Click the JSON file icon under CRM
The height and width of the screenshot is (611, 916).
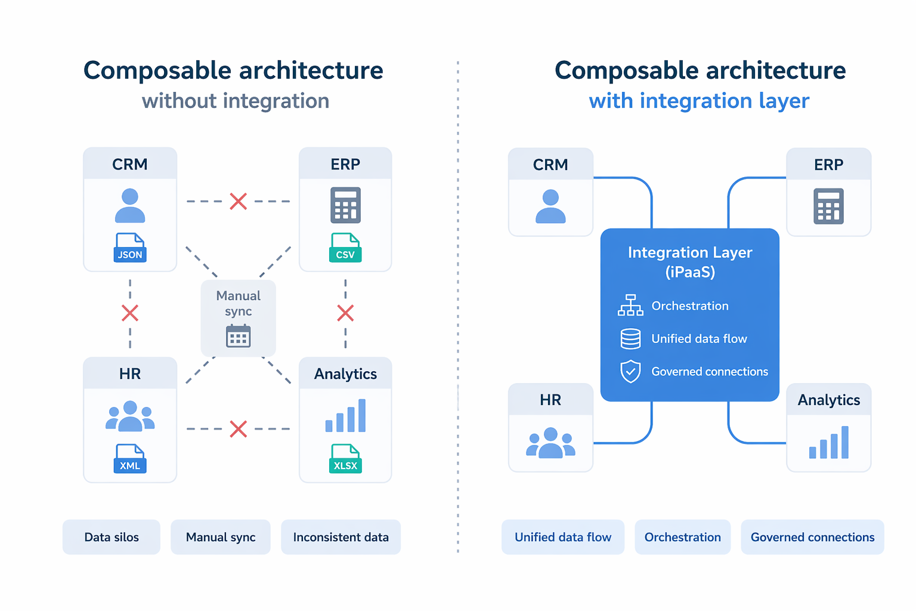[130, 248]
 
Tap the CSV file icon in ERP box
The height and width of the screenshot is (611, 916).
[345, 248]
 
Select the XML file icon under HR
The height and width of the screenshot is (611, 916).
[130, 459]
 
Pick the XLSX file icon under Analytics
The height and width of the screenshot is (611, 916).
[345, 459]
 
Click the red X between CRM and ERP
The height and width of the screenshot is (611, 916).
[239, 202]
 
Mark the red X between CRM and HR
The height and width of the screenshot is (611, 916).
[130, 313]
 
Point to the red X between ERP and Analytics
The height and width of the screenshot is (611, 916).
[345, 313]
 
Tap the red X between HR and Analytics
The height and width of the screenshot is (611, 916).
[239, 429]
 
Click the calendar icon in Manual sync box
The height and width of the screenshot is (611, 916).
[239, 336]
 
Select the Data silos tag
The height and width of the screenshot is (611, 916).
[112, 537]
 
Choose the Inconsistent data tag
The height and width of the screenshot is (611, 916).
[341, 537]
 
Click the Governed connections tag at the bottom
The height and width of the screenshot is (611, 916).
[812, 537]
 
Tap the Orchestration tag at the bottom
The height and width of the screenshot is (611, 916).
[682, 537]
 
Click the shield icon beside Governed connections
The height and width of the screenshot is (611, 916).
[630, 371]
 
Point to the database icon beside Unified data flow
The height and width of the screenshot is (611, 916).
[630, 339]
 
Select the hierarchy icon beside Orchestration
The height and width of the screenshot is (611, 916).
[630, 305]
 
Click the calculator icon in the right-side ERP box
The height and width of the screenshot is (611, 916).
[828, 206]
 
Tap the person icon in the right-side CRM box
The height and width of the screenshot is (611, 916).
[550, 206]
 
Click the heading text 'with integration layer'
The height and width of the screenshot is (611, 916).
[699, 101]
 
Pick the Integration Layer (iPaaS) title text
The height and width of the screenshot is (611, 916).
[690, 262]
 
